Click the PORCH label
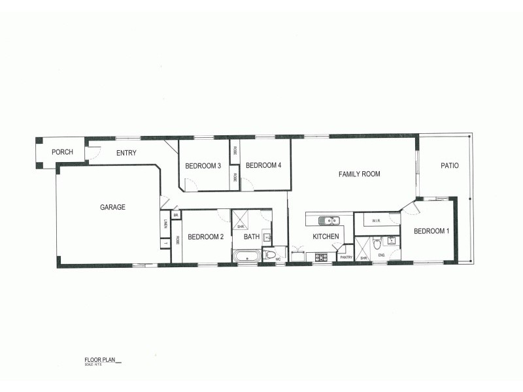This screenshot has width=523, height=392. click(63, 152)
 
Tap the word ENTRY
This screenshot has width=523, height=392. click(126, 154)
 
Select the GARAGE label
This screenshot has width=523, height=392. click(112, 207)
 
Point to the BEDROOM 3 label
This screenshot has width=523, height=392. click(203, 166)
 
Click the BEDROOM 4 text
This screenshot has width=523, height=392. click(263, 166)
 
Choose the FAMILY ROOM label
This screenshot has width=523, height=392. click(359, 174)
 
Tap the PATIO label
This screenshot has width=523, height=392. click(449, 166)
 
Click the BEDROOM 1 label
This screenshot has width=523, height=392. click(431, 231)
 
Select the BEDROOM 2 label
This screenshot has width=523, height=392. click(206, 237)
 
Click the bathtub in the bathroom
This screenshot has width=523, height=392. click(247, 255)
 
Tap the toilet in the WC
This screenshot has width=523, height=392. click(269, 254)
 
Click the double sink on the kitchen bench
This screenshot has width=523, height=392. click(329, 220)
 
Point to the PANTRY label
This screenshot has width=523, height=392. click(346, 257)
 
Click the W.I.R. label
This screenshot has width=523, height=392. click(376, 221)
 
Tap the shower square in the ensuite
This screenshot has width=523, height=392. click(362, 249)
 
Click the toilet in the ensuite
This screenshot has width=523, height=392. click(377, 246)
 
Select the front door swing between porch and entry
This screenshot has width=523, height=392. click(92, 154)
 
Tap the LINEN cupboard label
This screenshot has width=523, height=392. click(165, 223)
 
